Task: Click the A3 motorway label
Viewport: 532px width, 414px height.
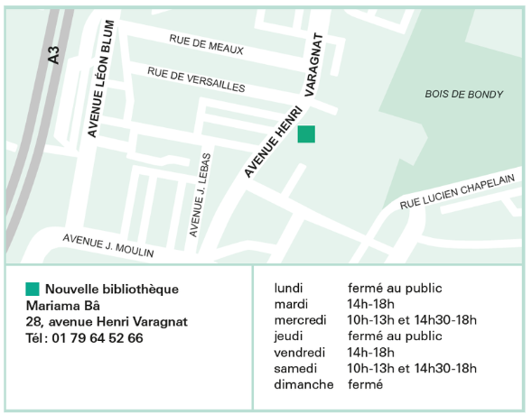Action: coord(53,55)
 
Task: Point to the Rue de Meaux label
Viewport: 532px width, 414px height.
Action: coord(206,43)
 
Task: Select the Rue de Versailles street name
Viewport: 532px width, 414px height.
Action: coord(196,79)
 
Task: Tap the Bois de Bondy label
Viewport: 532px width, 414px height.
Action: coord(463,94)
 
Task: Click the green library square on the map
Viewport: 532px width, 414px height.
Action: coord(306,133)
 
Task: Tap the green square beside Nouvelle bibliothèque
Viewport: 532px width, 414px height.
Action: coord(33,289)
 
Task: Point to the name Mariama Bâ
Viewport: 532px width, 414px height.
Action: coord(62,305)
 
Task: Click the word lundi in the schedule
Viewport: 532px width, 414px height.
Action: coord(289,288)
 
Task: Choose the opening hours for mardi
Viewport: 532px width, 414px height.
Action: coord(370,304)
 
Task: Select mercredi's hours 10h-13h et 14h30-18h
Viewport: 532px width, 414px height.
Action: coord(412,320)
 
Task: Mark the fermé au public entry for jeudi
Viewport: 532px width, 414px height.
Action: coord(395,336)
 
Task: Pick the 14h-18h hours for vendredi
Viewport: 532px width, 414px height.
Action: coord(370,353)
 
